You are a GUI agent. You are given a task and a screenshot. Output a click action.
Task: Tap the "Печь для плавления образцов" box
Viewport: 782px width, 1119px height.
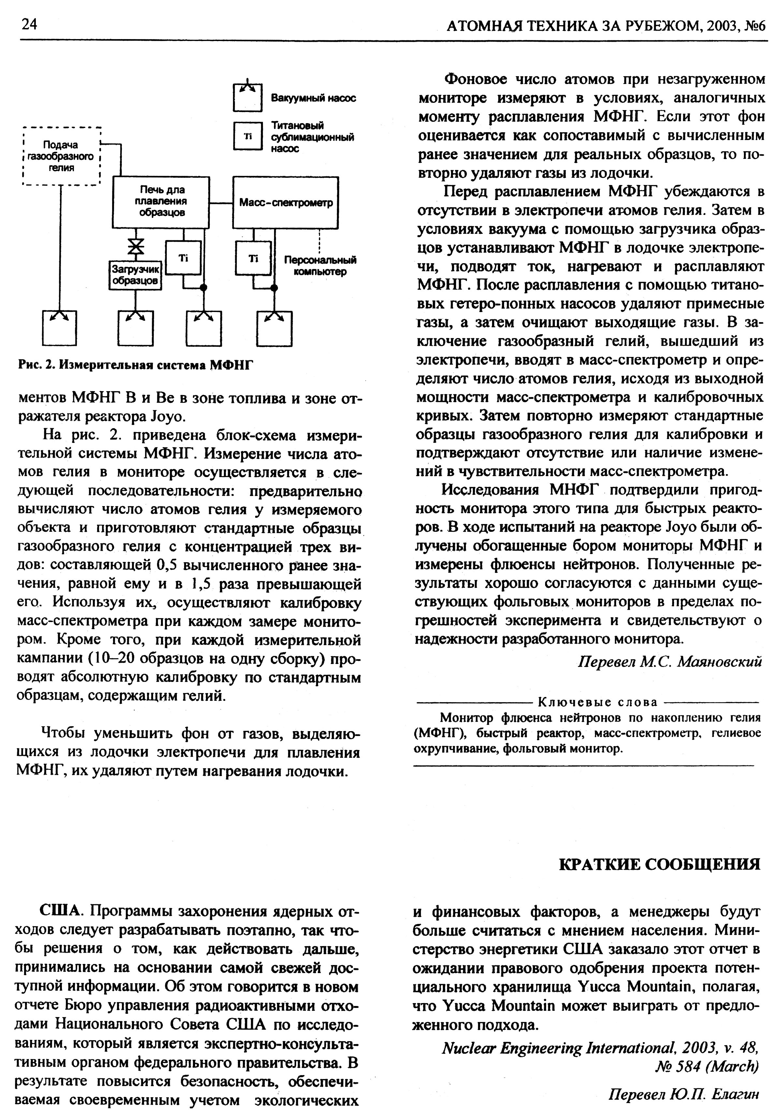(x=161, y=201)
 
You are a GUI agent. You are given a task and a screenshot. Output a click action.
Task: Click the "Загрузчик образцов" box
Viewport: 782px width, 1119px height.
(x=135, y=275)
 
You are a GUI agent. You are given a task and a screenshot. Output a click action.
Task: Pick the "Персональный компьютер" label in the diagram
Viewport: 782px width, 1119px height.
(x=320, y=266)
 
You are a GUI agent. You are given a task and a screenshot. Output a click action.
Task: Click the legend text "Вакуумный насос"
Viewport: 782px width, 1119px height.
(x=313, y=98)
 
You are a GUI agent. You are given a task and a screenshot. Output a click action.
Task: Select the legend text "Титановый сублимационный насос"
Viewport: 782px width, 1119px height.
(x=312, y=137)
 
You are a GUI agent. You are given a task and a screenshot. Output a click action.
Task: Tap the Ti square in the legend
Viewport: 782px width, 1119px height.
(x=248, y=136)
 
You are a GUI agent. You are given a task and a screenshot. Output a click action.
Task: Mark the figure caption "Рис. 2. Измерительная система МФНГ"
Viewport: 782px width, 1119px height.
(x=137, y=364)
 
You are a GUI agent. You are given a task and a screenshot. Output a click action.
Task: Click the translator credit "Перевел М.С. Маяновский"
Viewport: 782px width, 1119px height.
(x=669, y=661)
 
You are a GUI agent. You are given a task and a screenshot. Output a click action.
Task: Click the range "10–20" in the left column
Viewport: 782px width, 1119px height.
(x=115, y=659)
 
